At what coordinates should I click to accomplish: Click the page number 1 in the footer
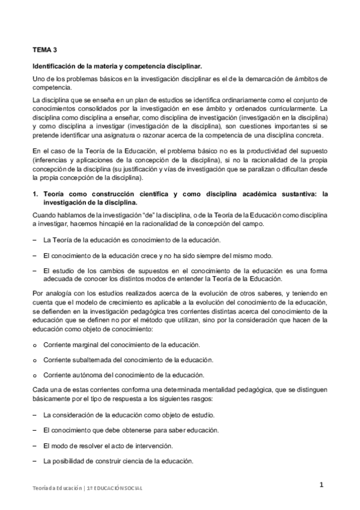[x=322, y=485]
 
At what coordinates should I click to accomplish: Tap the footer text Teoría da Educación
[x=55, y=488]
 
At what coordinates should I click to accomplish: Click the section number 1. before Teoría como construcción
[x=35, y=194]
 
